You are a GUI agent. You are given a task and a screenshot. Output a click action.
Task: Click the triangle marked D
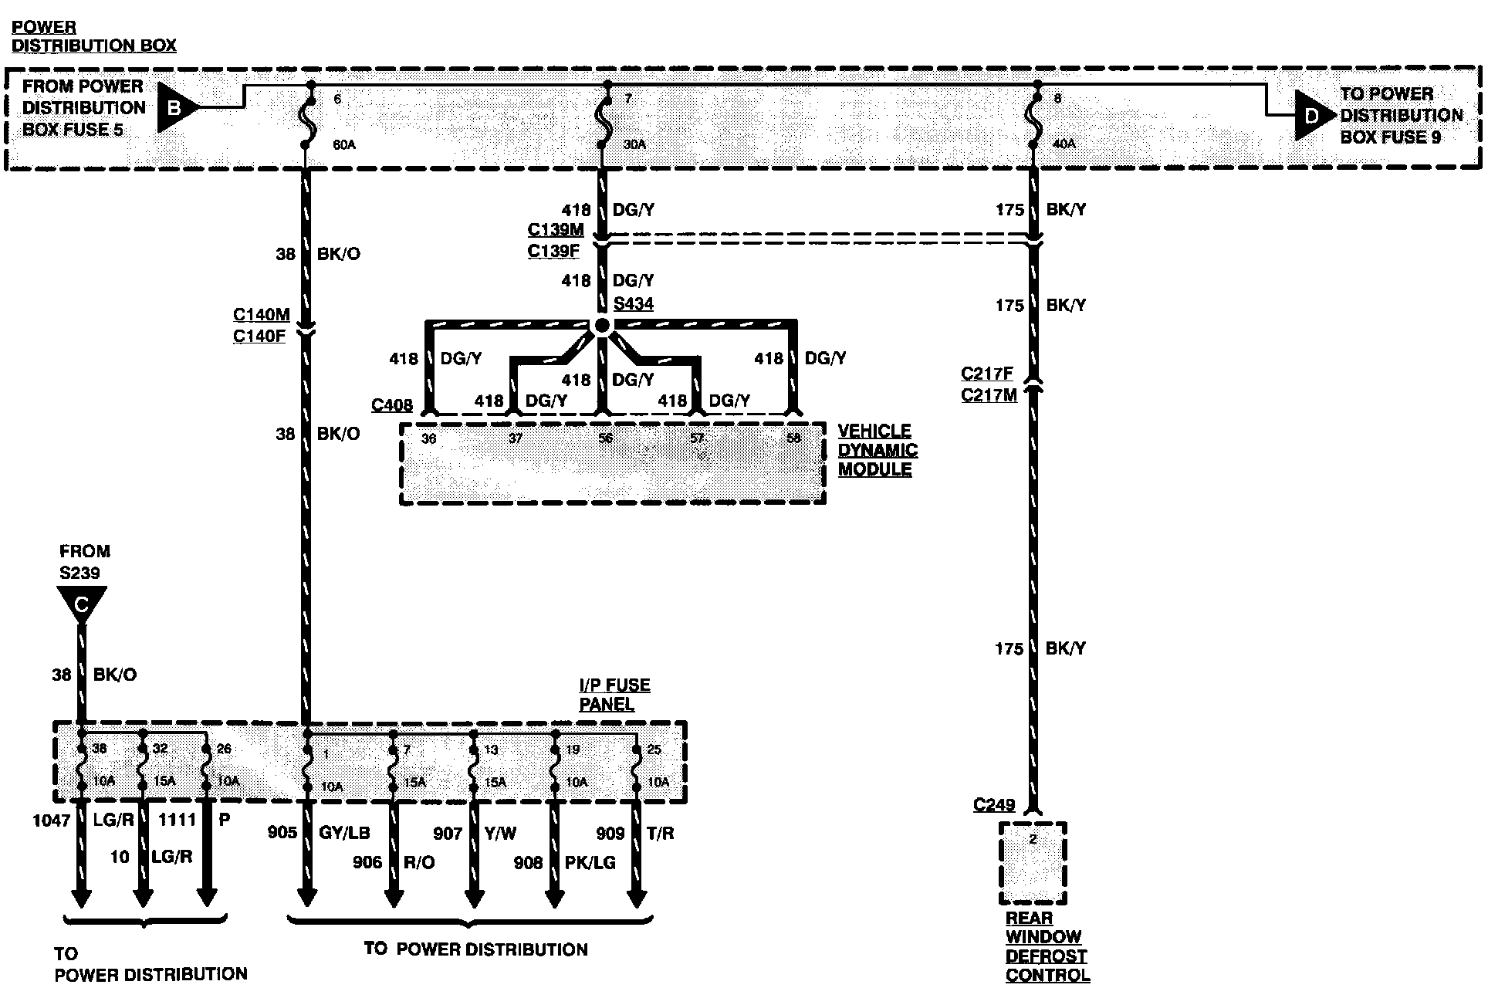coord(1311,116)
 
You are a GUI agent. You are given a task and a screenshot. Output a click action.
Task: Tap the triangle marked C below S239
coord(81,602)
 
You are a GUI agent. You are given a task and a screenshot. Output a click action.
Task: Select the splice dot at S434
coord(602,326)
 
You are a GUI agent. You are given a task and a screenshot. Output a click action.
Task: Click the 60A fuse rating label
coord(344,144)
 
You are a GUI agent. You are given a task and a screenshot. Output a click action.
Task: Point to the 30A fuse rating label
coord(634,144)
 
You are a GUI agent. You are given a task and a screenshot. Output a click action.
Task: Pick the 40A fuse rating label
coord(1064,144)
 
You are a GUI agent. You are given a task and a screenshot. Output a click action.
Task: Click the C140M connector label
coord(262,315)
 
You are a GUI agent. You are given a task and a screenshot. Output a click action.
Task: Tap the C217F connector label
coord(987,374)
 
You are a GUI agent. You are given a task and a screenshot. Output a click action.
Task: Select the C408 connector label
coord(392,405)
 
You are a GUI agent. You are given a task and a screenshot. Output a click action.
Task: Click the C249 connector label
coord(994,805)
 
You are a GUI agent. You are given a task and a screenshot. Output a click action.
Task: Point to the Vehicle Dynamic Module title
coord(878,450)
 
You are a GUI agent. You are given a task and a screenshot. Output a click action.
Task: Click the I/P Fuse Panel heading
coord(614,695)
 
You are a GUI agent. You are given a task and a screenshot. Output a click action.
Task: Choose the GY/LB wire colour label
coord(344,833)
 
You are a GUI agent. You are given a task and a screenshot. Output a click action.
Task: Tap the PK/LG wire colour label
coord(590,862)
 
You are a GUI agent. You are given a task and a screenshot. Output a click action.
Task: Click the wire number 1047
coord(51,821)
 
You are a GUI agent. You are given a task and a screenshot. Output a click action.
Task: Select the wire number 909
coord(610,834)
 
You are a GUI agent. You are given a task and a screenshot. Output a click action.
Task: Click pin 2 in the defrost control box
coord(1033,839)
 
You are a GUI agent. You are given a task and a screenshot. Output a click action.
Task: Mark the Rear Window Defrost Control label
coord(1047,947)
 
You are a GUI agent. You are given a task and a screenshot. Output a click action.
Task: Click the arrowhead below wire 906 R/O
coord(394,899)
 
